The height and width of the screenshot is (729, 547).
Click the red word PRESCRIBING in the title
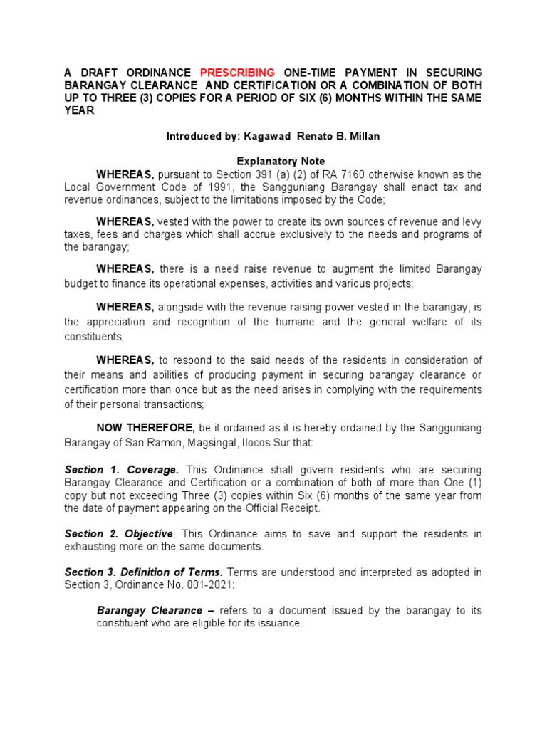click(x=237, y=73)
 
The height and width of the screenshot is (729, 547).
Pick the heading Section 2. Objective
click(x=119, y=534)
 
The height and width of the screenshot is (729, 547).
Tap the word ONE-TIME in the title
click(x=311, y=73)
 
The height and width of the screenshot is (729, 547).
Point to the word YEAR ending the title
click(x=79, y=111)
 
